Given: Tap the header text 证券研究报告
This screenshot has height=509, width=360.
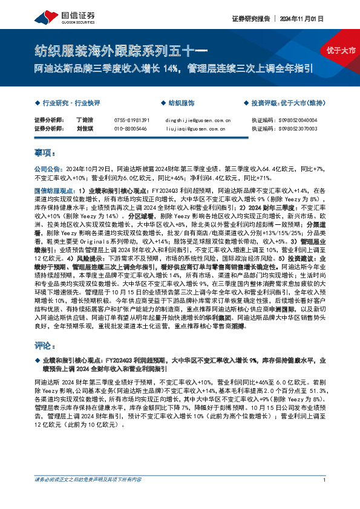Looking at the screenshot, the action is [x=248, y=18].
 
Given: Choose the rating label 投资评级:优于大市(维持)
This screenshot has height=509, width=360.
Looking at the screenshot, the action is [x=287, y=103].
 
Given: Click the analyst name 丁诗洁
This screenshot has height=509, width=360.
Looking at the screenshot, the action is [x=84, y=120].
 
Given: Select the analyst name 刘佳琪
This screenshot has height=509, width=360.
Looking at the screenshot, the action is [x=84, y=129].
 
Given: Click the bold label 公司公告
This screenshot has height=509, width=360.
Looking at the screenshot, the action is [x=45, y=170].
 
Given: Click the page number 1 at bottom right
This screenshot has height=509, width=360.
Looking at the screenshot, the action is [x=325, y=497].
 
